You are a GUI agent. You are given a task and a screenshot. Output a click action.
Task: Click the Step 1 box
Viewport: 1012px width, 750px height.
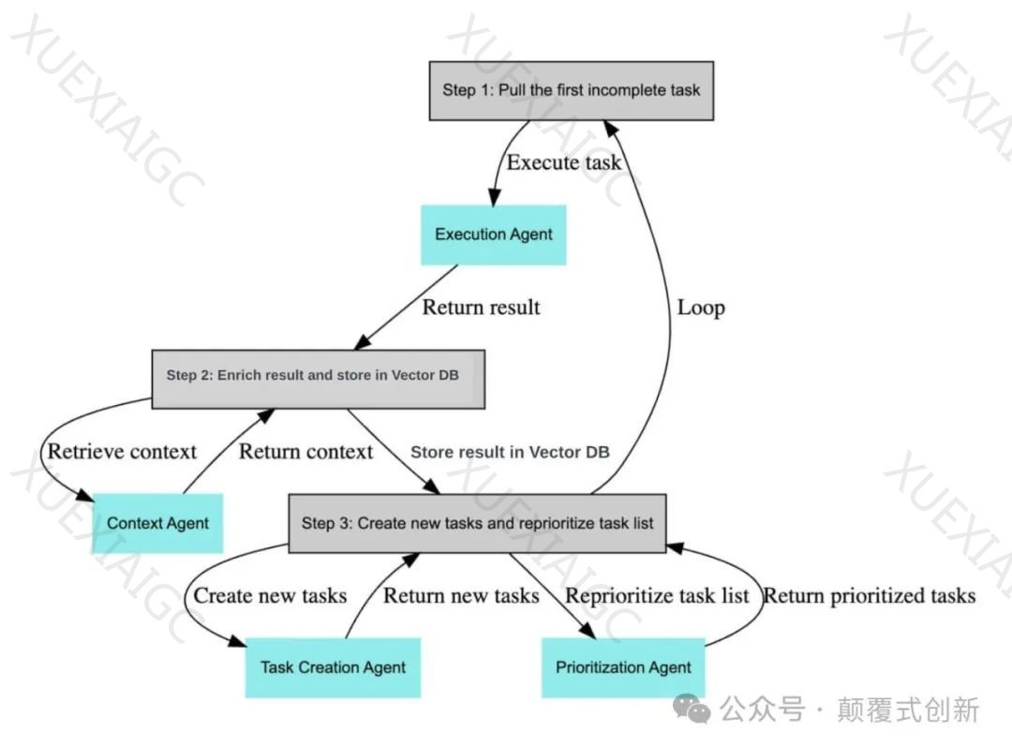(571, 91)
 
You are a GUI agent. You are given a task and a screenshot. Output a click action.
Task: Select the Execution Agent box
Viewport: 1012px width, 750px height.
(493, 234)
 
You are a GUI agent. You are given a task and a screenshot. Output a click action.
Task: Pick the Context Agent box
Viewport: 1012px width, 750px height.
(157, 523)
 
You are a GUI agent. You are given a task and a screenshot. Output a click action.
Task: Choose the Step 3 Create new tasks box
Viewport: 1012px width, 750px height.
(477, 523)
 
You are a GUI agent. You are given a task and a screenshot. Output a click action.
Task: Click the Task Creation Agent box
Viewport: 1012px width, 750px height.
(333, 667)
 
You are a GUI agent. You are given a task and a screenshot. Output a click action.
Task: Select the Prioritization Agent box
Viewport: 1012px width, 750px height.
(623, 667)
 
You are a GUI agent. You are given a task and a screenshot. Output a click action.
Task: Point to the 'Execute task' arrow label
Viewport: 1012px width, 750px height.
(563, 162)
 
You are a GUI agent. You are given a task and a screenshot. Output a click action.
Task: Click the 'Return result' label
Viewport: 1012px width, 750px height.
(481, 307)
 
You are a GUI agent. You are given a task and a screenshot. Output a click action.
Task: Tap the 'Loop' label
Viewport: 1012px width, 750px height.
(700, 307)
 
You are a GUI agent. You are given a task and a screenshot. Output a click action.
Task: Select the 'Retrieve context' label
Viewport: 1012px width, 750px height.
(122, 451)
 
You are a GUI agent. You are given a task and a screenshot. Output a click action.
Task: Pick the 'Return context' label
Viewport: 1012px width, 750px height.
(305, 451)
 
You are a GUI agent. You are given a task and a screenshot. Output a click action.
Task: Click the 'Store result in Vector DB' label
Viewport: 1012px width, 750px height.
(510, 452)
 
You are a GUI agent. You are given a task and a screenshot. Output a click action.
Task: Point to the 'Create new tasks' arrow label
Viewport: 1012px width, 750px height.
(270, 595)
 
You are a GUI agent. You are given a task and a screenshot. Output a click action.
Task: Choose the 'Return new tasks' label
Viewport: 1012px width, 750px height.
(461, 595)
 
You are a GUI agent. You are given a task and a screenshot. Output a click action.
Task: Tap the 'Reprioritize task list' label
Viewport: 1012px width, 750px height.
(657, 595)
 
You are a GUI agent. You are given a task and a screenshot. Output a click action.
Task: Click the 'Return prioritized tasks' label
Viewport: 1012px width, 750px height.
(869, 595)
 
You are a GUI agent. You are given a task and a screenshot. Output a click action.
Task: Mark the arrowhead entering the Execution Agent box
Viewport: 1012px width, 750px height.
(493, 197)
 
